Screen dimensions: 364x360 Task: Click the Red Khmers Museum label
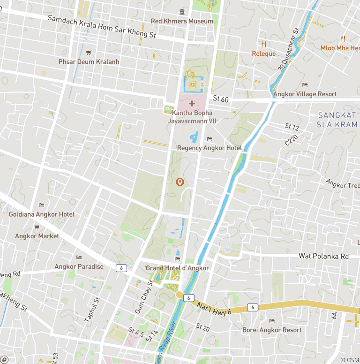point(182,21)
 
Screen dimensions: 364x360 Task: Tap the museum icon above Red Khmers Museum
point(182,12)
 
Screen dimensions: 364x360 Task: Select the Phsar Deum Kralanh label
point(89,61)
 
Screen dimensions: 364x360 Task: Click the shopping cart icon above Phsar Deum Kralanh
point(89,53)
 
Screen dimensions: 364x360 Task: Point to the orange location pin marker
point(179,182)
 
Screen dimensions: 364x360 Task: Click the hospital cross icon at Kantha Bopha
point(191,103)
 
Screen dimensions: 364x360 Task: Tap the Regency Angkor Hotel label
point(209,148)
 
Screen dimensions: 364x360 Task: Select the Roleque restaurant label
point(264,53)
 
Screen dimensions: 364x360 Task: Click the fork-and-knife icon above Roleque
point(264,45)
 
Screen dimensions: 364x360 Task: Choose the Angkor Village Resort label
point(305,94)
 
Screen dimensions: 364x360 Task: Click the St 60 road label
point(220,99)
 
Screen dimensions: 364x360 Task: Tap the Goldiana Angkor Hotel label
point(41,214)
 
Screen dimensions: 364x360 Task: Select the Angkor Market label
point(37,236)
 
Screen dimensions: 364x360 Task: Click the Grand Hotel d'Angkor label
point(177,268)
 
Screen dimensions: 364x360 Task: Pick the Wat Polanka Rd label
point(324,256)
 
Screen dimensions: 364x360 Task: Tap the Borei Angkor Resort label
point(272,330)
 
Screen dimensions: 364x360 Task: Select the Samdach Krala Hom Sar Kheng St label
point(102,26)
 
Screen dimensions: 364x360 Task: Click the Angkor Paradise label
point(79,266)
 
